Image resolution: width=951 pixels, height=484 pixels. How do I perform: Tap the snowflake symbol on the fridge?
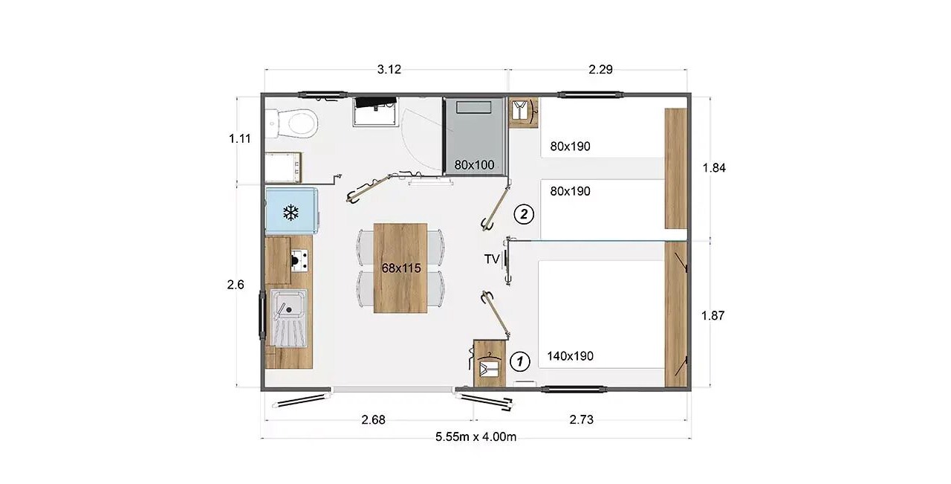tap(291, 213)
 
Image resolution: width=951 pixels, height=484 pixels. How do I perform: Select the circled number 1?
tap(519, 361)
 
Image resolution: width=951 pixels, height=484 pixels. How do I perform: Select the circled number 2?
tap(524, 214)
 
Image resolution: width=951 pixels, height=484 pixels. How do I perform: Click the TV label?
tap(492, 259)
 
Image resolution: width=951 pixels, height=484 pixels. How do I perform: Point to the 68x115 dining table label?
tap(401, 268)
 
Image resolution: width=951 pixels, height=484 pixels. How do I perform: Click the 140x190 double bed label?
tap(570, 356)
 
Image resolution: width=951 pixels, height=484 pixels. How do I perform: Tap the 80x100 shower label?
tap(474, 165)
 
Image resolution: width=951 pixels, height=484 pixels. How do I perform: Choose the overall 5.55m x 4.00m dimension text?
tap(476, 437)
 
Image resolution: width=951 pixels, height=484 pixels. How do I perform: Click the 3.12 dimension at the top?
tap(389, 69)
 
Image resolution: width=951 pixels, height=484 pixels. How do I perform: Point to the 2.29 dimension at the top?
tap(601, 69)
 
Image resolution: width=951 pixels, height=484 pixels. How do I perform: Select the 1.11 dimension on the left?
tap(240, 138)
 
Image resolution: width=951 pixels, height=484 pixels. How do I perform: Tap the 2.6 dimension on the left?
tap(236, 284)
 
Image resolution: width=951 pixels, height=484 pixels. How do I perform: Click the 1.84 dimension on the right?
tap(714, 168)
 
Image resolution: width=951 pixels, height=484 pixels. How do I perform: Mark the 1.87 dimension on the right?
tap(713, 315)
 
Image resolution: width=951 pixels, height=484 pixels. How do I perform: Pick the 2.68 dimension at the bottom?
tap(373, 420)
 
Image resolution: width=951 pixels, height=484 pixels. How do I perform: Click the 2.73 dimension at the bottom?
tap(581, 420)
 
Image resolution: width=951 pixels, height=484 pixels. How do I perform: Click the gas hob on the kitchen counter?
tap(299, 260)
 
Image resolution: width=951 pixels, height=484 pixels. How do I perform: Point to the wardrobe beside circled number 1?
tap(490, 364)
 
